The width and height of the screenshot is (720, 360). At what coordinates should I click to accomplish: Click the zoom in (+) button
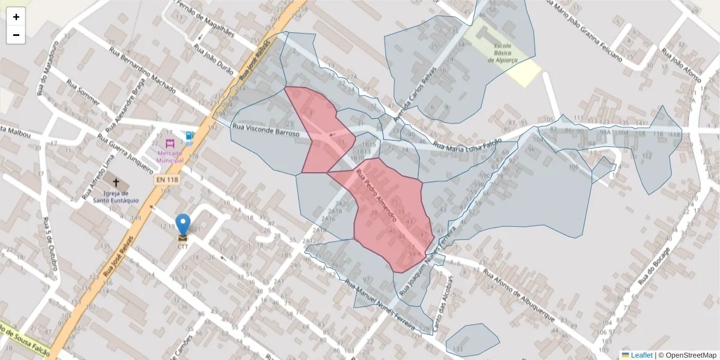[x=16, y=17]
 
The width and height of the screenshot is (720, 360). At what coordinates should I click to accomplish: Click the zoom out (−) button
[x=16, y=35]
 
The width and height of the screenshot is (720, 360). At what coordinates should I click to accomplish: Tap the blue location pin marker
[x=182, y=225]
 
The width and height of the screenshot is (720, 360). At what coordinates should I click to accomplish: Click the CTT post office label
[x=182, y=246]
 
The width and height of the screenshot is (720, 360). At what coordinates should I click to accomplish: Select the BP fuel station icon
[x=190, y=136]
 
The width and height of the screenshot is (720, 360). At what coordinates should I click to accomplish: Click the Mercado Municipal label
[x=170, y=156]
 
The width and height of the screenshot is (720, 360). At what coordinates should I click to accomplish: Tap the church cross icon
[x=116, y=182]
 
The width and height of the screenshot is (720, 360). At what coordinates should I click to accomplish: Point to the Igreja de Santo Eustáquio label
[x=116, y=197]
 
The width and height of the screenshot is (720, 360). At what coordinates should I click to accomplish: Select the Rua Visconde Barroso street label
[x=265, y=131]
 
